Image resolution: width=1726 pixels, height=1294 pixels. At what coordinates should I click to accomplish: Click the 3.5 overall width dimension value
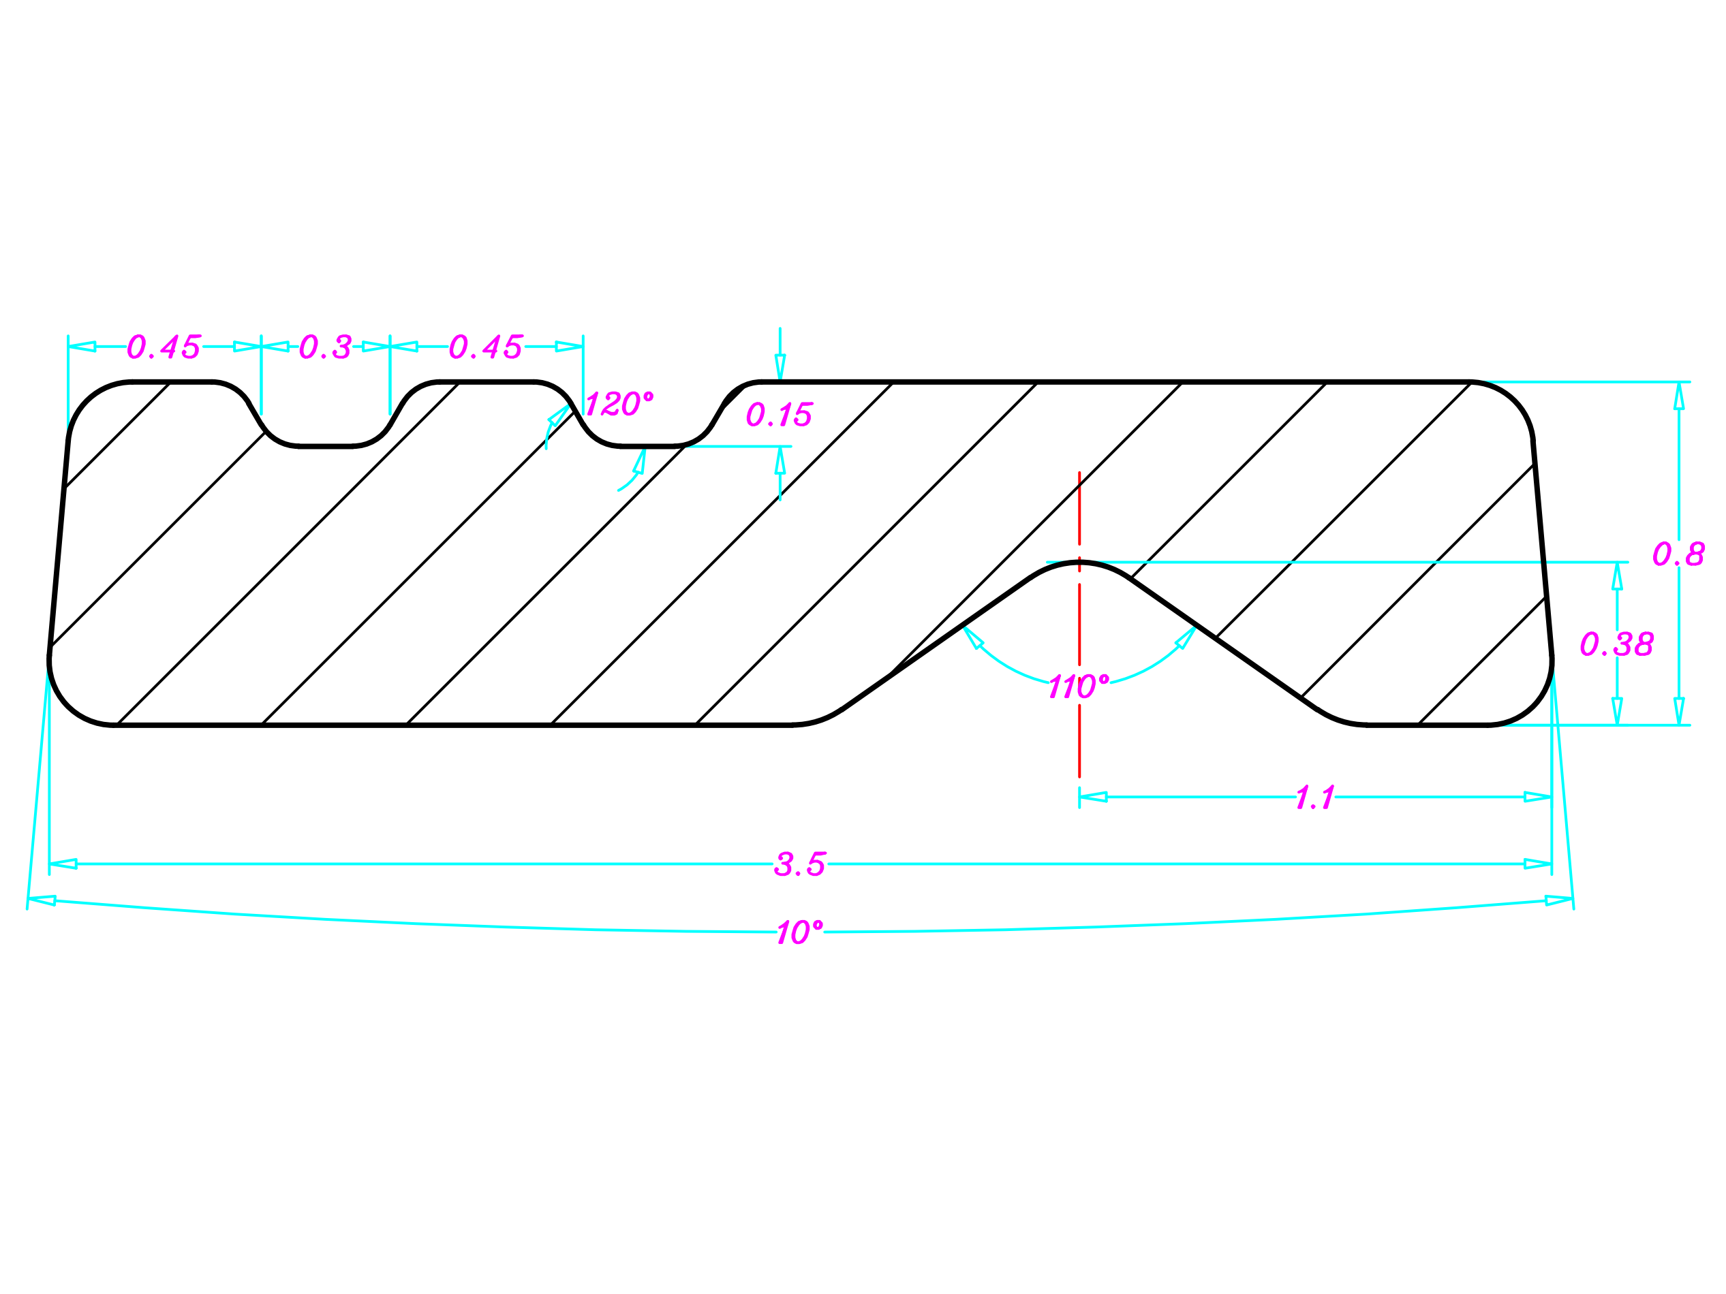coord(799,864)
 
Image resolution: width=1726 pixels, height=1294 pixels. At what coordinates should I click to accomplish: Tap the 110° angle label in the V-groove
coord(1079,687)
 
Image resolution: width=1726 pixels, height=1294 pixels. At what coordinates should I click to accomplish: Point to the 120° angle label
coord(619,404)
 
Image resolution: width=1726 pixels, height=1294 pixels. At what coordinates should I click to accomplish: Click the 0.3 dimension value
coord(326,347)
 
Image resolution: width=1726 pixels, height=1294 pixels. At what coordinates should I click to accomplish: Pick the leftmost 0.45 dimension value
coord(164,347)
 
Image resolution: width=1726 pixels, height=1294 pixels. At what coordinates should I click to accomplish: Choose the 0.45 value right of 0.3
coord(485,347)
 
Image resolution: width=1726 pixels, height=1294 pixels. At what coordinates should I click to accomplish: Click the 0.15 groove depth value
coord(780,415)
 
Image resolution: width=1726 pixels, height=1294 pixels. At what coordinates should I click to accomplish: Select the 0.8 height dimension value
coord(1678,554)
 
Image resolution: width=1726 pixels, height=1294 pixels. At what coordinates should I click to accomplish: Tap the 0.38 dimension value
coord(1617,644)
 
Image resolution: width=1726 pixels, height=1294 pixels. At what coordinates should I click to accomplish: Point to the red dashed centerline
coord(1079,741)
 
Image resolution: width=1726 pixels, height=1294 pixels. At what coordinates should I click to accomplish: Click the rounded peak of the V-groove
coord(1079,563)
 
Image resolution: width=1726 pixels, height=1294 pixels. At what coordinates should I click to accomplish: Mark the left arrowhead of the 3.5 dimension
coord(63,864)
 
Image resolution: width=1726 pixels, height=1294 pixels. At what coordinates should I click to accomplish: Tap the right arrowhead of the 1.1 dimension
coord(1538,797)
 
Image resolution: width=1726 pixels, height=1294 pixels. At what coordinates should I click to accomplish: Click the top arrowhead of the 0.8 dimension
coord(1678,396)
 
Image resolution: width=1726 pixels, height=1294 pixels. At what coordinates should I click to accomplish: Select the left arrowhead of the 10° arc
coord(42,901)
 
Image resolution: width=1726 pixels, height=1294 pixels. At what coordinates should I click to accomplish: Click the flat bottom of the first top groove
coord(326,446)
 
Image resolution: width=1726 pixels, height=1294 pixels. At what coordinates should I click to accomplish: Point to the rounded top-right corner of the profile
coord(1515,401)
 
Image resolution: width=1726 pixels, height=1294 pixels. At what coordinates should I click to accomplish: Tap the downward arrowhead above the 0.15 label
coord(780,367)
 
